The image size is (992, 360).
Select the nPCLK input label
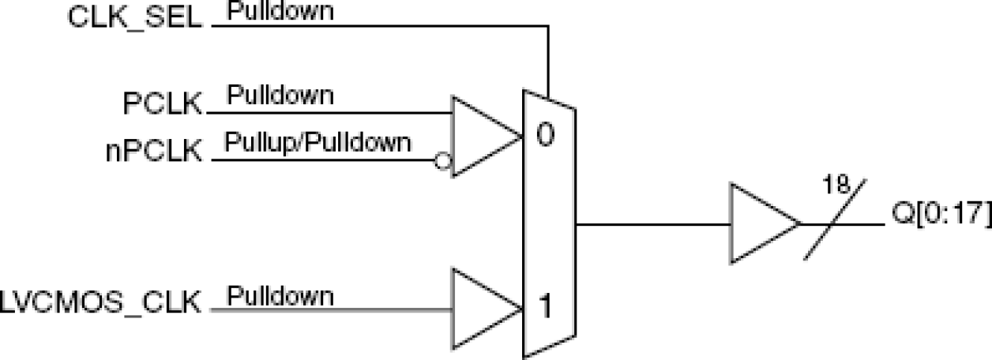[154, 149]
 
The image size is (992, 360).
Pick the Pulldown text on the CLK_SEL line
[280, 13]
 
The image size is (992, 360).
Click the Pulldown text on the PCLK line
[280, 96]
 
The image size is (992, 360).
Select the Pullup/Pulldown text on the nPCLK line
[318, 142]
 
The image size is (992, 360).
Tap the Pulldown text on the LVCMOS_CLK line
[280, 297]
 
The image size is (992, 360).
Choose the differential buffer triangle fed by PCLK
[482, 137]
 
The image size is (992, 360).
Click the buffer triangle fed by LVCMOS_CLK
[482, 309]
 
